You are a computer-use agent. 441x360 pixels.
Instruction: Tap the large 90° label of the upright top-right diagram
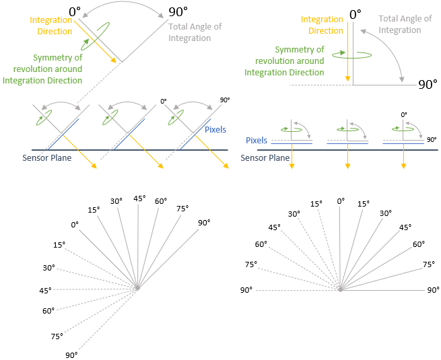428,84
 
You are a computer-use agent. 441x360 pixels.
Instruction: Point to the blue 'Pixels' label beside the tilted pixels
215,129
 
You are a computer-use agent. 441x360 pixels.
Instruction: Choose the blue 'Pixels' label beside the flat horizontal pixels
257,141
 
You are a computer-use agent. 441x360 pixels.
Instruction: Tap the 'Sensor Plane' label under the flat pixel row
263,157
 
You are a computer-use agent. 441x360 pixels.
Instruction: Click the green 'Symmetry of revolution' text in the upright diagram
284,61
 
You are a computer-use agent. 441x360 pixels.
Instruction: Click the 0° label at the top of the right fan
340,201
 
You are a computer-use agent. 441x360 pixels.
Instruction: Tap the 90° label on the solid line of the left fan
204,223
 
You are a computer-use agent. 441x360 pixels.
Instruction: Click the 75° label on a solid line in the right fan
428,265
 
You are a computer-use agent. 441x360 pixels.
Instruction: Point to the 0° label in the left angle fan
74,224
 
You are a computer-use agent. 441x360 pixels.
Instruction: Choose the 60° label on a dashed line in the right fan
261,244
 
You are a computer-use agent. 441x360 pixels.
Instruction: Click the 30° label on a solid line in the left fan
116,201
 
